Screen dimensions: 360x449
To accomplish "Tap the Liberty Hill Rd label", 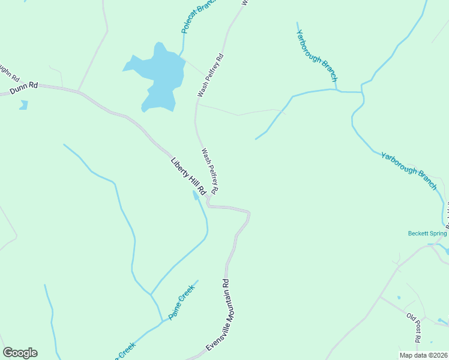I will [x=188, y=176].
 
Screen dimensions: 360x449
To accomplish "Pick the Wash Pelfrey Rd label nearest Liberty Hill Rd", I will [x=209, y=171].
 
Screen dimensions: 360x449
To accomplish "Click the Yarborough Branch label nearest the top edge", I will [x=317, y=55].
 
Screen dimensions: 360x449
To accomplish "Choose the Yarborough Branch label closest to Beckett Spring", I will [x=408, y=170].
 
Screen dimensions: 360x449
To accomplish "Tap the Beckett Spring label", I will [x=427, y=233].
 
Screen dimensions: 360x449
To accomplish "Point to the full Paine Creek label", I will [x=182, y=301].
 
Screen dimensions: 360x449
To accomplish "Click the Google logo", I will [x=20, y=353].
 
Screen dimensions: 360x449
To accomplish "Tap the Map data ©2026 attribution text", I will [x=423, y=355].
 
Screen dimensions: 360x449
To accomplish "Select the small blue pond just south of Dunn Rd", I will [x=23, y=105].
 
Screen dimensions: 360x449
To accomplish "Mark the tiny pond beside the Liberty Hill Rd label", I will [x=196, y=194].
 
